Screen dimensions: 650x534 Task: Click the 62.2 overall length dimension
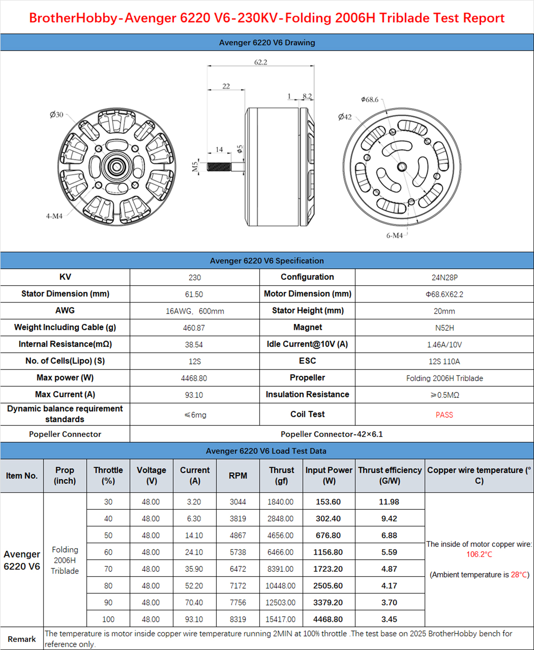pyautogui.click(x=261, y=62)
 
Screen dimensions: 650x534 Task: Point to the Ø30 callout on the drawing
pyautogui.click(x=57, y=115)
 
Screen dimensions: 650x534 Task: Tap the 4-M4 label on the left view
pyautogui.click(x=54, y=216)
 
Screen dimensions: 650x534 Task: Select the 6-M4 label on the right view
pyautogui.click(x=394, y=235)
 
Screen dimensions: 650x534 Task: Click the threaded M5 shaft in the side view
pyautogui.click(x=219, y=167)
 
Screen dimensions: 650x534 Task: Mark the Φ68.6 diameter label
pyautogui.click(x=370, y=100)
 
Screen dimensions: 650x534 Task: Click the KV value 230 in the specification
pyautogui.click(x=194, y=278)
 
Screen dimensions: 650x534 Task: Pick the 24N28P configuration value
pyautogui.click(x=444, y=278)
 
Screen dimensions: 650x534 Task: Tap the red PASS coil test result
pyautogui.click(x=444, y=415)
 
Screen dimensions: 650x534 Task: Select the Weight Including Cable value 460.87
pyautogui.click(x=194, y=328)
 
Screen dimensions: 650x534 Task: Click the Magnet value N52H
pyautogui.click(x=444, y=328)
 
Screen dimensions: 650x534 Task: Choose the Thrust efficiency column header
pyautogui.click(x=390, y=476)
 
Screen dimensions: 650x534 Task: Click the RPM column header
pyautogui.click(x=238, y=476)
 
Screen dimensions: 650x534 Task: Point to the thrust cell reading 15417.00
pyautogui.click(x=280, y=619)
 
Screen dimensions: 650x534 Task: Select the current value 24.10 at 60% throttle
pyautogui.click(x=194, y=552)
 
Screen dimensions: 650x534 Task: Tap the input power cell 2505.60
pyautogui.click(x=328, y=586)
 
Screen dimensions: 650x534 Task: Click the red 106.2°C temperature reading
pyautogui.click(x=479, y=554)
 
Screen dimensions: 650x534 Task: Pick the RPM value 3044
pyautogui.click(x=238, y=502)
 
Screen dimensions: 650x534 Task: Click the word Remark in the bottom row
pyautogui.click(x=22, y=639)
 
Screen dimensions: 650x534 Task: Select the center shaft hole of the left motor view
pyautogui.click(x=117, y=167)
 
